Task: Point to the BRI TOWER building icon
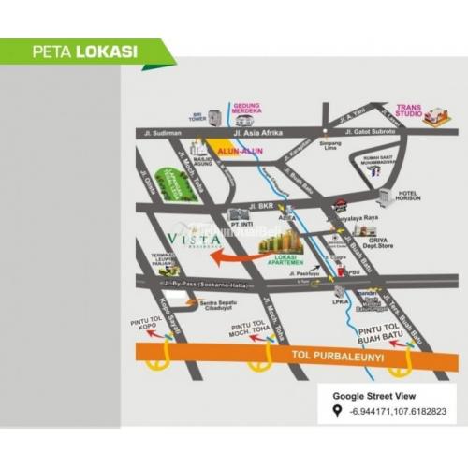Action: pos(215,118)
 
